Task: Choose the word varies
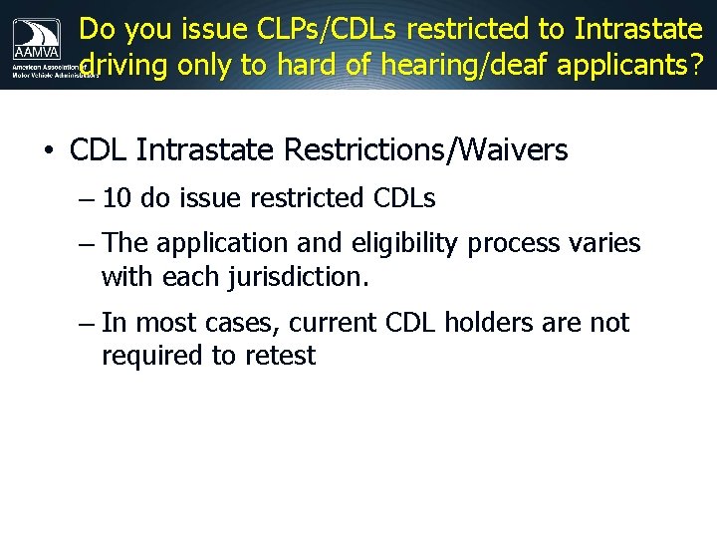click(x=603, y=243)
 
